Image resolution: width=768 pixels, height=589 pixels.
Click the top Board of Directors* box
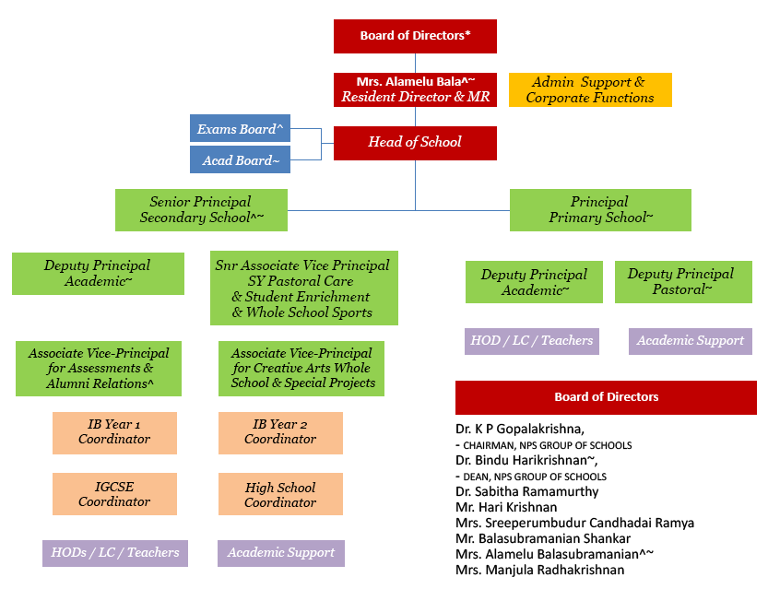(x=415, y=36)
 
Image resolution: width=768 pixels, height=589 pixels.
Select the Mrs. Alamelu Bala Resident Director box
(x=415, y=89)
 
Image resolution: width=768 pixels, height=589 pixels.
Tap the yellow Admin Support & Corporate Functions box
(x=590, y=89)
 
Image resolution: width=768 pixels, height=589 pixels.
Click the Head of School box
(x=415, y=143)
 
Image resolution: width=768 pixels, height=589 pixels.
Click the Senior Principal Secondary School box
(x=201, y=210)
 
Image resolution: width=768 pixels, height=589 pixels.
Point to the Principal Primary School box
(x=600, y=210)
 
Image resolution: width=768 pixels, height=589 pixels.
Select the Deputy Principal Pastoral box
(x=683, y=282)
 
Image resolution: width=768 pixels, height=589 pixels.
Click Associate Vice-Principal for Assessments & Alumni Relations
(x=99, y=368)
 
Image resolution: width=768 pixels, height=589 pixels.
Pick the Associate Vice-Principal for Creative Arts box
(x=301, y=368)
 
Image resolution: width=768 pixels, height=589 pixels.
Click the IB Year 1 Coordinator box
(x=114, y=432)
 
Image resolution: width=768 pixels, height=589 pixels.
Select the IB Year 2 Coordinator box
(x=280, y=432)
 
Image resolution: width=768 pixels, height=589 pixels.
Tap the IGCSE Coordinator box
(x=114, y=495)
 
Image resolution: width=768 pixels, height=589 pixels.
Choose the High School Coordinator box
(x=280, y=495)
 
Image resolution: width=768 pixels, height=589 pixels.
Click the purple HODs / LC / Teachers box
(x=114, y=553)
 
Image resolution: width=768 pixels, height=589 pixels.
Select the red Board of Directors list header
(x=606, y=397)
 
